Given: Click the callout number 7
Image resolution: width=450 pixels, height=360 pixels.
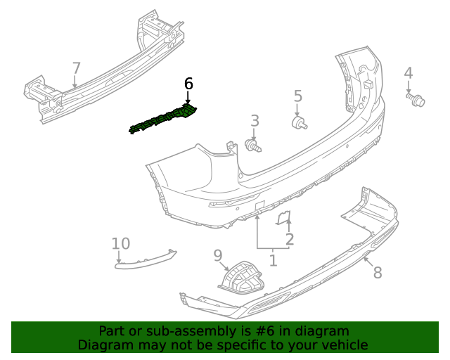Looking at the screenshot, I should pos(76,68).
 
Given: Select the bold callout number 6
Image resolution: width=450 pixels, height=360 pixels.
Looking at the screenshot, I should pos(188,84).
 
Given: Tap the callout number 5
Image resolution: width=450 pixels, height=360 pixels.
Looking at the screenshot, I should pos(297,96).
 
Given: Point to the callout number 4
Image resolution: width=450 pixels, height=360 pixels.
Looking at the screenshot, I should pos(409,73).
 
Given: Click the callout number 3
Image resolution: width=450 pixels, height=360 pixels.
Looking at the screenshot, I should pos(255,121).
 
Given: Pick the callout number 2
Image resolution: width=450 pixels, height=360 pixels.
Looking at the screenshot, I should pos(289,239).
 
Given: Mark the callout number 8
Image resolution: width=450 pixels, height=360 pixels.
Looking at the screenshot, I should pos(378,272).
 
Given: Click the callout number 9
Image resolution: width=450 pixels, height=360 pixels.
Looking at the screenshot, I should pos(217,255).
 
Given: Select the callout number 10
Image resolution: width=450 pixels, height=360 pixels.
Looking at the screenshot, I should pos(121,243).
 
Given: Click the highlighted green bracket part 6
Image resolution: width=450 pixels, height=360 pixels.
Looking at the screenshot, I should pos(163,119).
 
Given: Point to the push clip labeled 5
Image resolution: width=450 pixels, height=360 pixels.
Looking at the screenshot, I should pos(300,124).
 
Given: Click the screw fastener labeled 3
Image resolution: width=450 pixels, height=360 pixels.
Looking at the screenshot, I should pos(253,146).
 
